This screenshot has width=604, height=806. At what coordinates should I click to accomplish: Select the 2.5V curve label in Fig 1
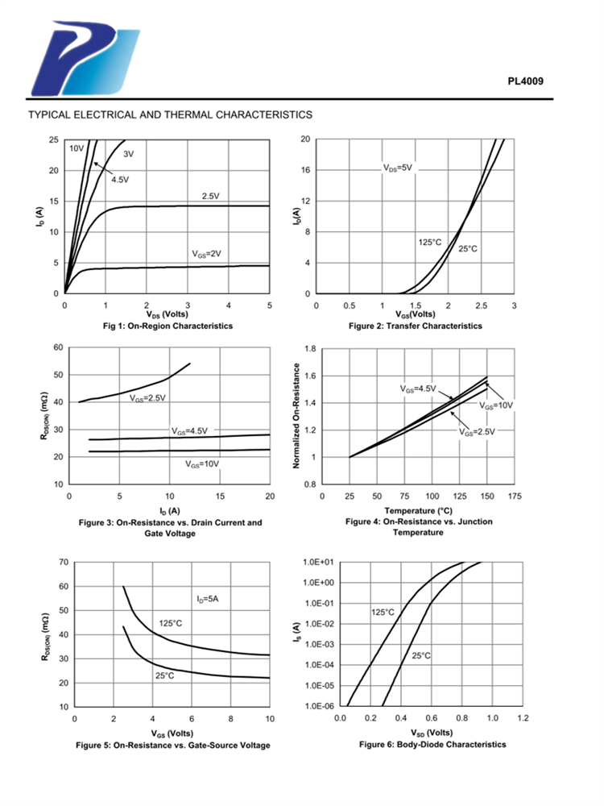tap(210, 196)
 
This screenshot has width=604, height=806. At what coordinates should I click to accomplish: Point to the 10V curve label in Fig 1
tap(76, 148)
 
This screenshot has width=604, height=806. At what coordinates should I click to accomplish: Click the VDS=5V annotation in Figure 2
tap(397, 168)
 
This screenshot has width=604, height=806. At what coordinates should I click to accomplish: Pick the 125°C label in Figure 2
tap(430, 242)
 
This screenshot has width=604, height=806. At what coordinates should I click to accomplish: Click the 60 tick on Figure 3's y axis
tap(58, 347)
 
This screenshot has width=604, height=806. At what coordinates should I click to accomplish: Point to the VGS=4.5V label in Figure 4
tap(418, 388)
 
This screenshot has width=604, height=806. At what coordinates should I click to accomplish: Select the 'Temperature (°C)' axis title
tap(419, 511)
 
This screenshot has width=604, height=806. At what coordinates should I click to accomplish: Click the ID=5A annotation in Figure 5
tap(209, 598)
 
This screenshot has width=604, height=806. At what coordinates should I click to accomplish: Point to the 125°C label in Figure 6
tap(383, 613)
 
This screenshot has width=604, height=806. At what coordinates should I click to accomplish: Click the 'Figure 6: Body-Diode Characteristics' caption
tap(432, 744)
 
